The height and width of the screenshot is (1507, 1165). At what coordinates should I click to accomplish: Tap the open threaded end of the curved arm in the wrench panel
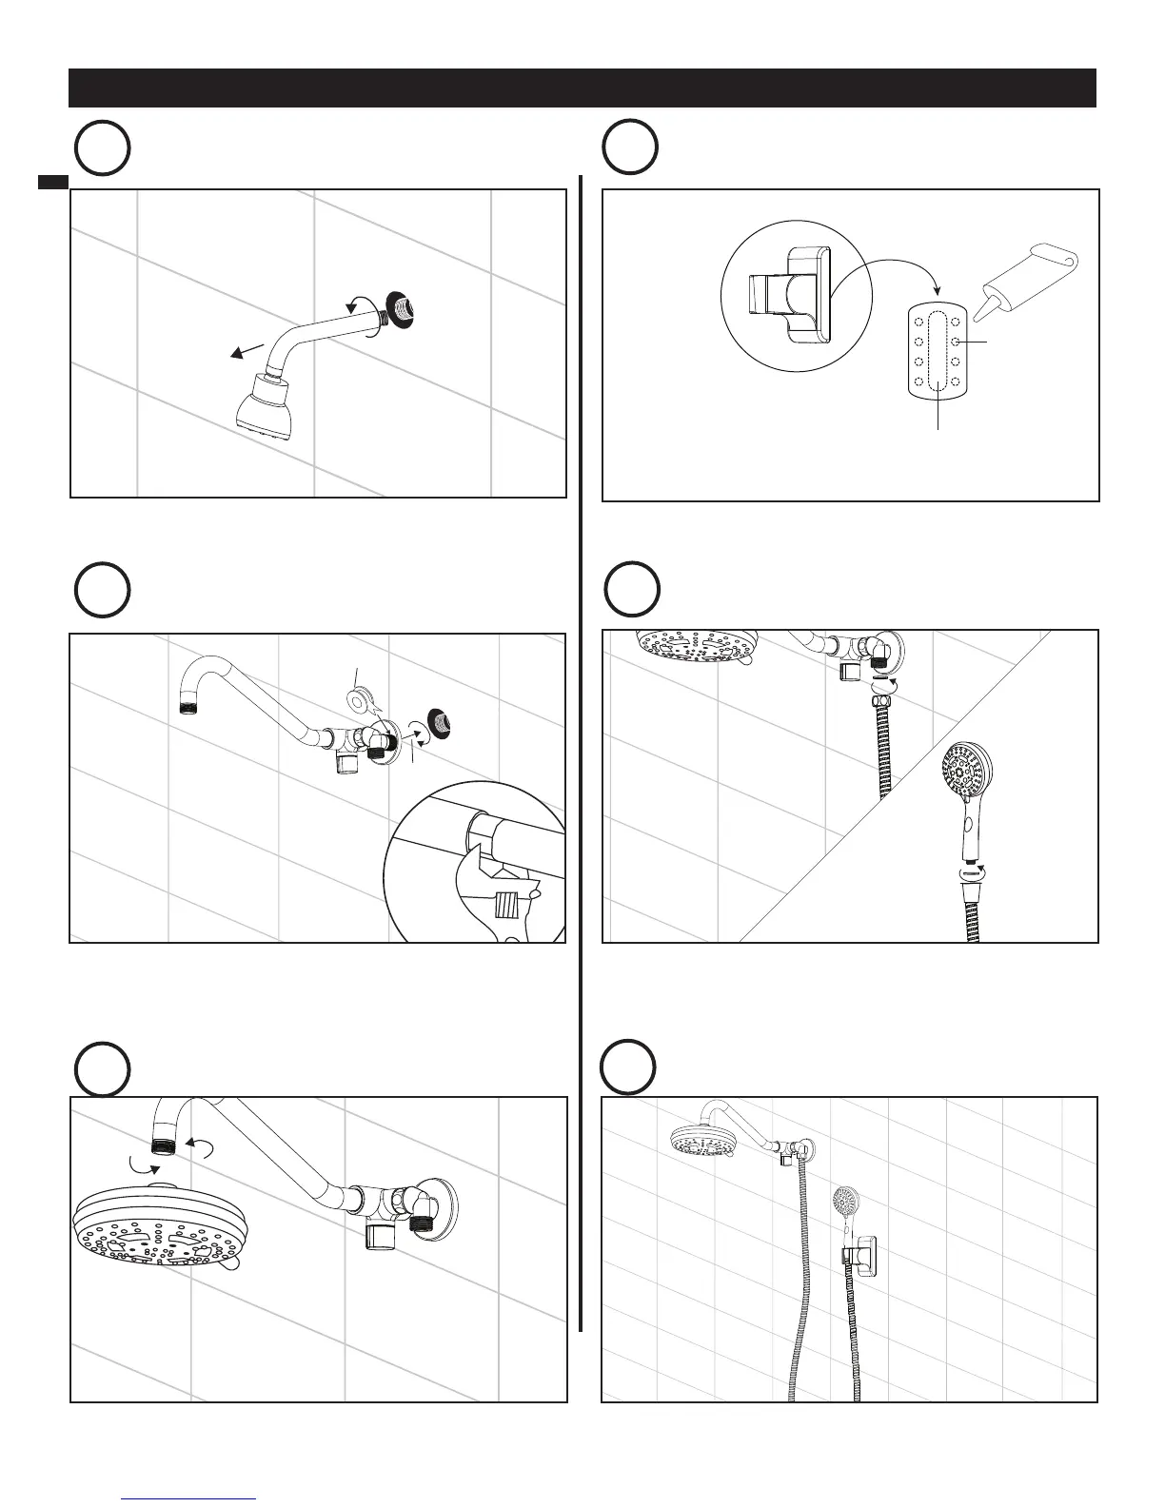point(189,706)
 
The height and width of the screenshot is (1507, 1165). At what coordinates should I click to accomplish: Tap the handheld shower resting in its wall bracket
point(846,1223)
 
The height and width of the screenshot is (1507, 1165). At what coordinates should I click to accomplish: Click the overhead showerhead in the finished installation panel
point(702,1141)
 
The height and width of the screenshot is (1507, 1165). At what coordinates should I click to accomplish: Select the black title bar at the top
point(582,88)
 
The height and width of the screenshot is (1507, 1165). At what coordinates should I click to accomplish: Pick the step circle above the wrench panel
point(102,590)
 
